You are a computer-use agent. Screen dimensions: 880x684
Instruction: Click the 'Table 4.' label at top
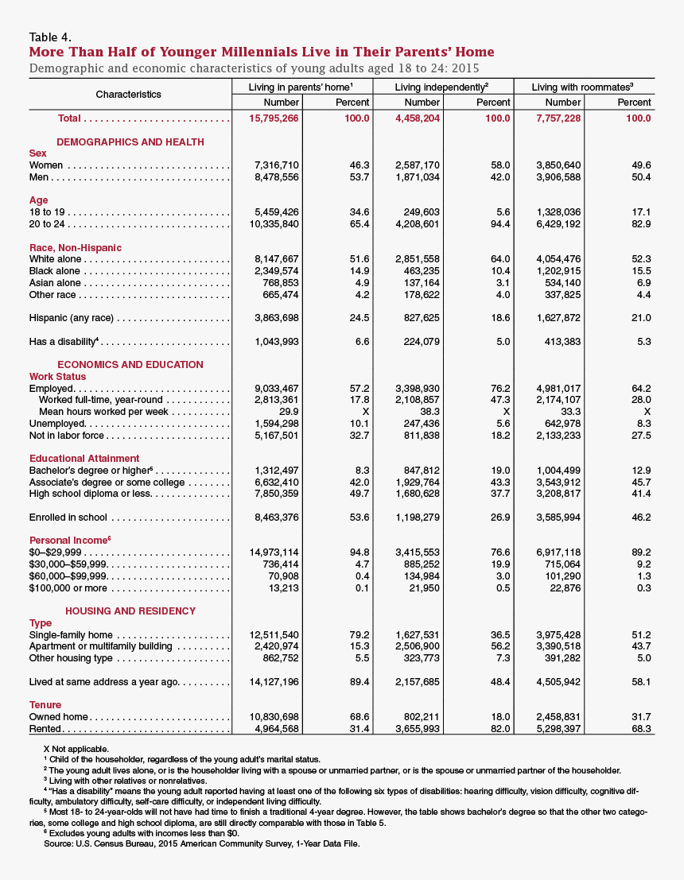coord(50,37)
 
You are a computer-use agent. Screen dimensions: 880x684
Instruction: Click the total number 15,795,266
coord(273,118)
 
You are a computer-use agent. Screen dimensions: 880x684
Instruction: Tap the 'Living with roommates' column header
coord(582,87)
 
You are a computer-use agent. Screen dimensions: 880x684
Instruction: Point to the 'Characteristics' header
coord(128,95)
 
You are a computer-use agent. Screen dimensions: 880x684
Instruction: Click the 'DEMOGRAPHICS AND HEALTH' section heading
coord(130,142)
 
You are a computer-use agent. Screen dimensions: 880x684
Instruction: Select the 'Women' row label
coord(47,165)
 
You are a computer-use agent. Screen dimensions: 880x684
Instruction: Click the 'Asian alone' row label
coord(55,283)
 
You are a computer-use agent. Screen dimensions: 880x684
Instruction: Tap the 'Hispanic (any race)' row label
coord(71,318)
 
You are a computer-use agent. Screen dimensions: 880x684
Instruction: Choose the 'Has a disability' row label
coord(63,342)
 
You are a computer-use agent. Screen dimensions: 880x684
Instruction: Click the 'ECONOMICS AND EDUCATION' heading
coord(130,365)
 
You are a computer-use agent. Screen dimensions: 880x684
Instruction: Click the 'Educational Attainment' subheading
coord(84,459)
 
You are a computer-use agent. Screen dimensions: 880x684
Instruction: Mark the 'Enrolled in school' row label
coord(68,518)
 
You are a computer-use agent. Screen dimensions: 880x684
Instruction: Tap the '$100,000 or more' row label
coord(68,588)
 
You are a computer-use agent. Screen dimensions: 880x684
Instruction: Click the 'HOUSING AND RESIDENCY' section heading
coord(130,611)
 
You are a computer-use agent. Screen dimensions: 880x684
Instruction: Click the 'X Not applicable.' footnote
coord(76,749)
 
